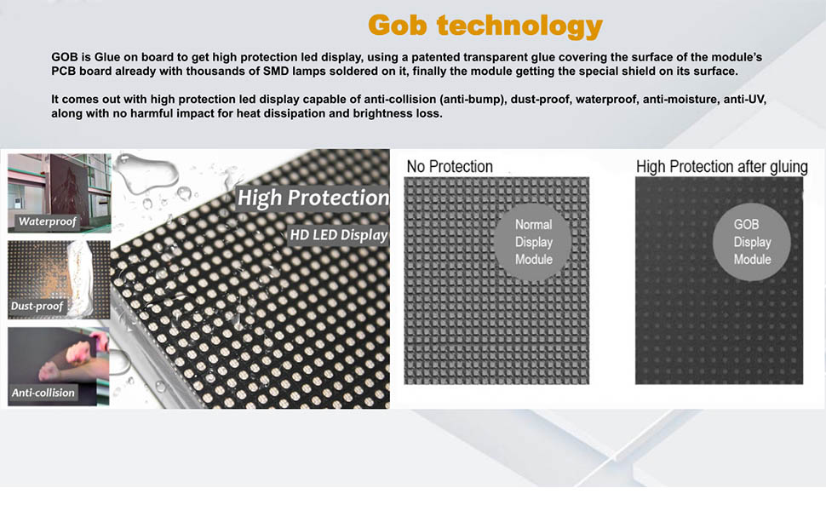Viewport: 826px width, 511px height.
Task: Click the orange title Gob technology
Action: (485, 25)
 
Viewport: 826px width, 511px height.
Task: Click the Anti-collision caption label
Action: (43, 393)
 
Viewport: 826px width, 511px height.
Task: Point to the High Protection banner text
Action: (313, 198)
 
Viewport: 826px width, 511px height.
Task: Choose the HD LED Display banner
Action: (337, 234)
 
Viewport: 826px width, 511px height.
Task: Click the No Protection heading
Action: (449, 166)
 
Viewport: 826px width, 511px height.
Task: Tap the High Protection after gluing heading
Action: (721, 166)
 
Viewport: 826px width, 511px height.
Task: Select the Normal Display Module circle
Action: (534, 242)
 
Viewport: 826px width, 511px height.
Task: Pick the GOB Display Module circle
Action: (752, 242)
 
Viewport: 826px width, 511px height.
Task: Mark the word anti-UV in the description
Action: (746, 100)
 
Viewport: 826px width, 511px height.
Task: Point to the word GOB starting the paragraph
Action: (66, 56)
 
